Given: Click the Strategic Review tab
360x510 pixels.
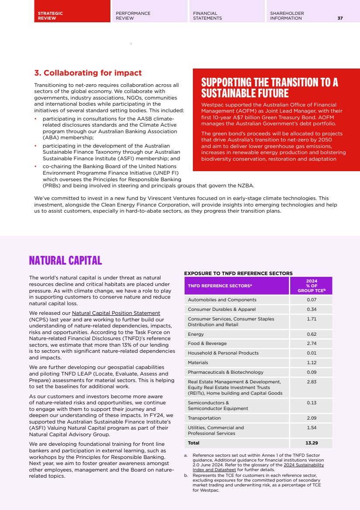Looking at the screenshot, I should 50,16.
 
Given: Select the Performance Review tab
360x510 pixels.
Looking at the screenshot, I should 133,16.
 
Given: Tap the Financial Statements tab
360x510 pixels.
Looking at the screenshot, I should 207,16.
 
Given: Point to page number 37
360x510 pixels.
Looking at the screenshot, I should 340,18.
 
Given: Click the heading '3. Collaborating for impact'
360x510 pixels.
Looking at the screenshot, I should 88,73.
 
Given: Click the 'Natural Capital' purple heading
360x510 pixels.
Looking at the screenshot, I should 65,261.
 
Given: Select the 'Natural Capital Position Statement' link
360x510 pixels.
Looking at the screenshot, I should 116,313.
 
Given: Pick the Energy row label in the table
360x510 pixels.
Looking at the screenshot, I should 196,334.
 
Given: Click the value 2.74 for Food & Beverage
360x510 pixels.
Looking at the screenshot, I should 311,344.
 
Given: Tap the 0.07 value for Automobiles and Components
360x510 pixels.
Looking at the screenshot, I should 311,300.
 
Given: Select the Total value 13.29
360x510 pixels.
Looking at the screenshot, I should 311,443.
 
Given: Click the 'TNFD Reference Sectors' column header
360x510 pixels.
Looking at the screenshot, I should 220,286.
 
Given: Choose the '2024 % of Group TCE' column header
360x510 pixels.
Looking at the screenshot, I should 311,286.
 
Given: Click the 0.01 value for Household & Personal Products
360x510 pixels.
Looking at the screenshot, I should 311,353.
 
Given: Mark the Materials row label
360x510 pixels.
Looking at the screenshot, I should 198,362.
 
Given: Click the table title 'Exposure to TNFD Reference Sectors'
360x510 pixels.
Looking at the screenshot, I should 238,273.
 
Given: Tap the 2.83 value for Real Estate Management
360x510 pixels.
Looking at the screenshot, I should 311,382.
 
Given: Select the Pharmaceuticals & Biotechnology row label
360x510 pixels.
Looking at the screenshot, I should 226,372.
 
